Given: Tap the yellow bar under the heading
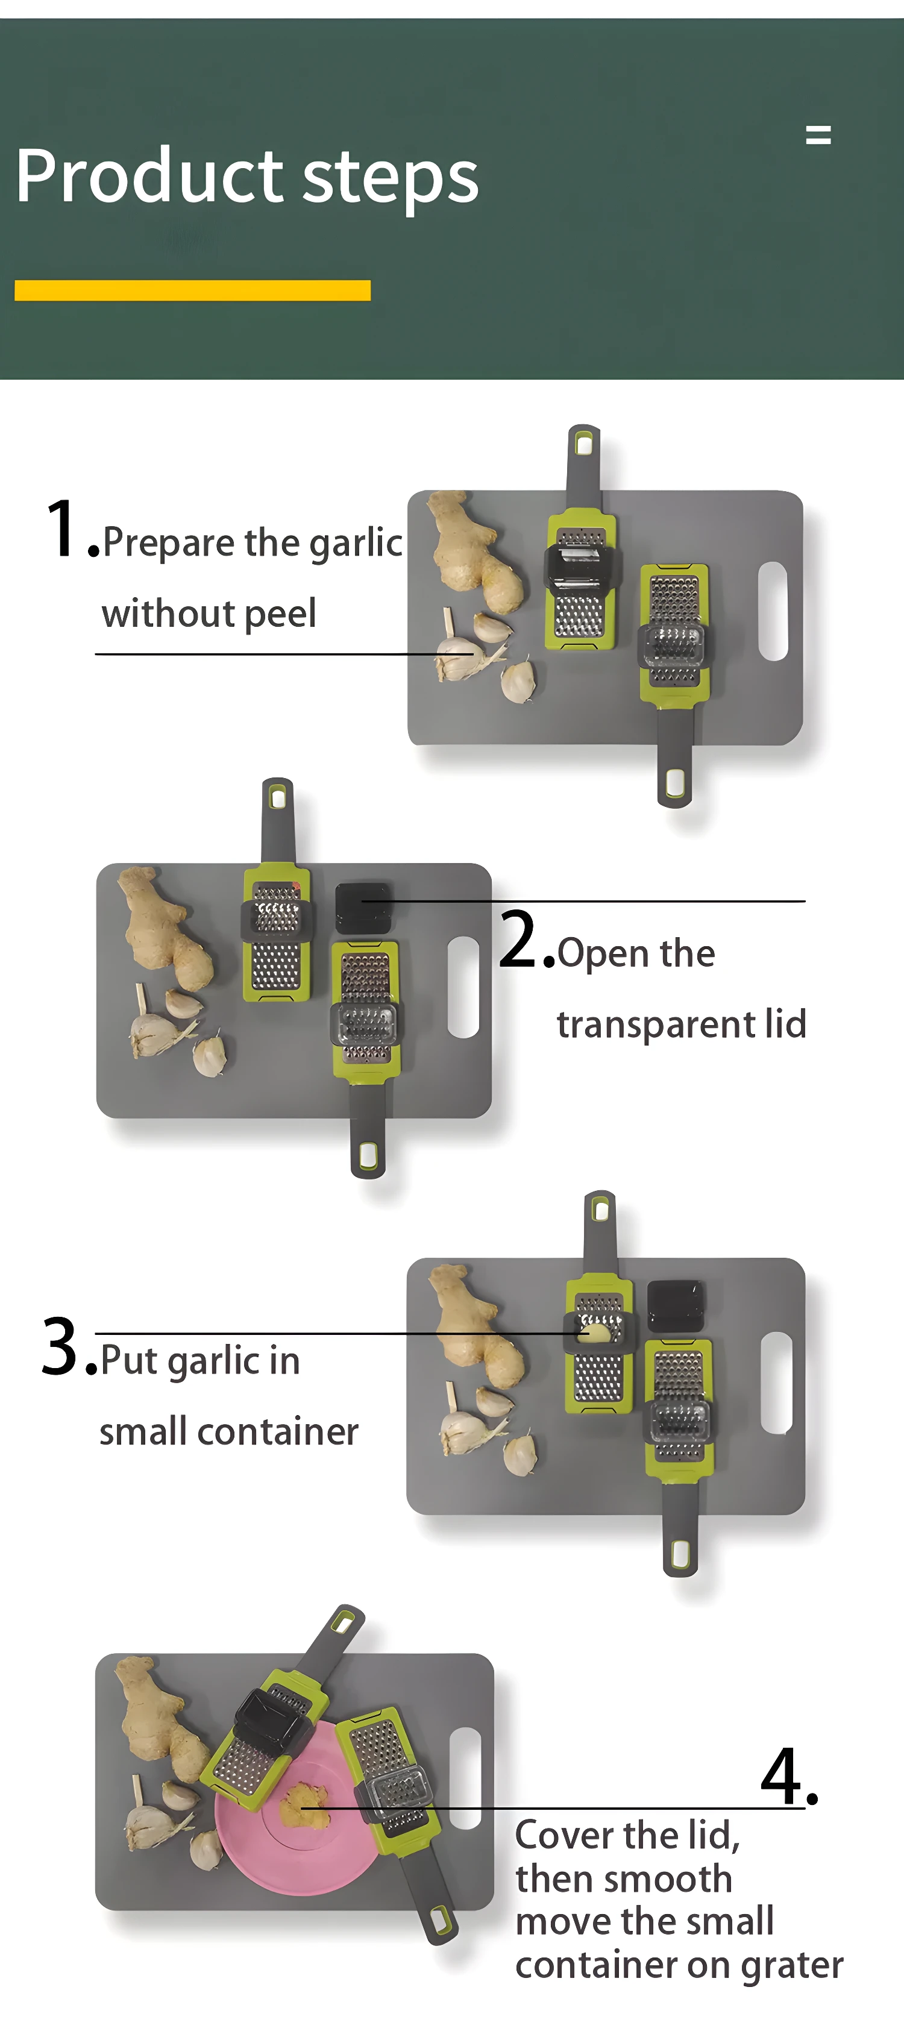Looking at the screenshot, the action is tap(193, 290).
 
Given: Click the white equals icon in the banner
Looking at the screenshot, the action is tap(818, 135).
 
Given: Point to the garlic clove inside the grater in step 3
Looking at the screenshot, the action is tap(594, 1334).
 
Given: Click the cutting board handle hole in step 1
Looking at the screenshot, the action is tap(773, 611).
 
